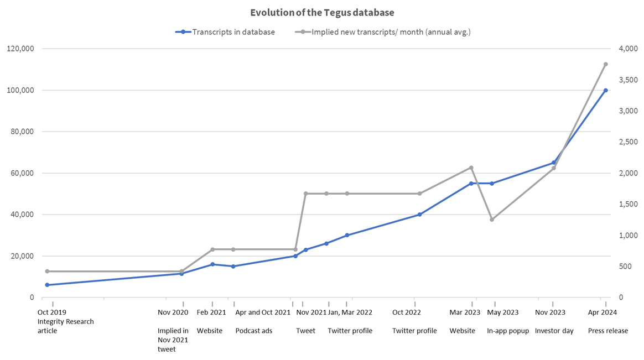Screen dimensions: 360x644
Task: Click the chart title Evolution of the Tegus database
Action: click(x=322, y=12)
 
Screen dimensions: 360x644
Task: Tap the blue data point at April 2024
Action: click(x=605, y=90)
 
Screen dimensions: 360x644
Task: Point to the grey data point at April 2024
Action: click(x=605, y=64)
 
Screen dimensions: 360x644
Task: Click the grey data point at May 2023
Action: click(x=492, y=220)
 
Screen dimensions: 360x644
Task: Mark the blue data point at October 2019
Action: click(x=47, y=285)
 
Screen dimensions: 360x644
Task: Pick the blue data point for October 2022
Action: click(x=419, y=215)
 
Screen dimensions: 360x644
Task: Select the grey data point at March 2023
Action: click(x=471, y=168)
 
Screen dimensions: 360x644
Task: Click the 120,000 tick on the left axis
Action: click(x=20, y=49)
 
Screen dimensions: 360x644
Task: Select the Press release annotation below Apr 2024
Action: click(x=608, y=331)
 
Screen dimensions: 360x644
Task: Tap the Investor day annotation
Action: click(x=554, y=331)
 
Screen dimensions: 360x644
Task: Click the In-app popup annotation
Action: click(x=508, y=331)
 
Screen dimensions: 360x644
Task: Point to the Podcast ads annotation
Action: click(x=254, y=331)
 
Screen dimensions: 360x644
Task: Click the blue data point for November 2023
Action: click(x=554, y=163)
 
